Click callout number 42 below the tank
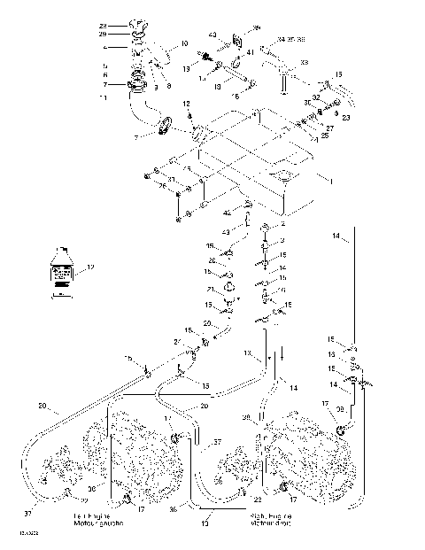click(x=227, y=213)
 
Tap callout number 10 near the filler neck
click(x=185, y=43)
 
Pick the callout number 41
click(x=250, y=54)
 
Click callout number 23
click(x=346, y=117)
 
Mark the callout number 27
click(x=329, y=128)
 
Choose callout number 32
click(x=316, y=98)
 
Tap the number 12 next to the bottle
click(x=89, y=267)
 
